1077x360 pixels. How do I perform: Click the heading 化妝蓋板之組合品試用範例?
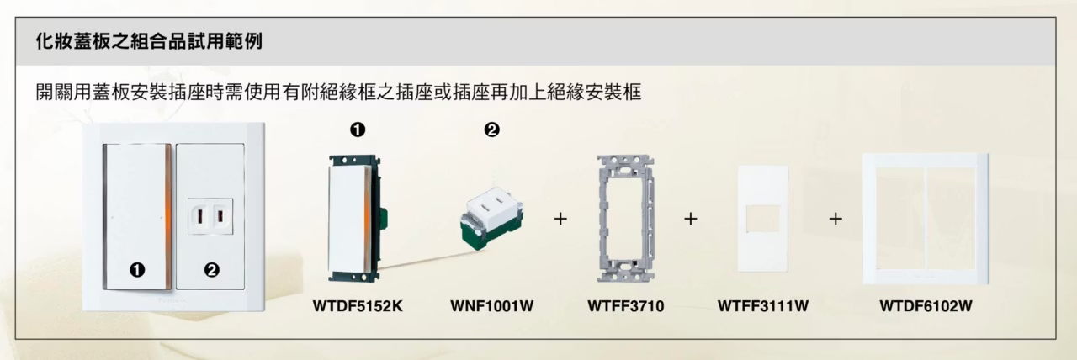pyautogui.click(x=148, y=41)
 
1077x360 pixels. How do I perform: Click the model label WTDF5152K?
pyautogui.click(x=357, y=306)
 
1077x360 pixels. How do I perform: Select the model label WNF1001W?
pyautogui.click(x=492, y=306)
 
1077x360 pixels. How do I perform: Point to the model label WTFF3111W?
pyautogui.click(x=762, y=306)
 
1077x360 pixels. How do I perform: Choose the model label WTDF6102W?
pyautogui.click(x=926, y=306)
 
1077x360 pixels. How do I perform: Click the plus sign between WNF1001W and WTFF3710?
pyautogui.click(x=560, y=219)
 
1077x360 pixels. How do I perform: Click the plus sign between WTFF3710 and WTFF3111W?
pyautogui.click(x=691, y=219)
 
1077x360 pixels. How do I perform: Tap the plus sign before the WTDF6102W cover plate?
pyautogui.click(x=836, y=219)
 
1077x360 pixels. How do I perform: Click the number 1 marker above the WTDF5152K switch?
pyautogui.click(x=357, y=130)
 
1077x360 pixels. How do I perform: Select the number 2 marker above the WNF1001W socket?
pyautogui.click(x=492, y=130)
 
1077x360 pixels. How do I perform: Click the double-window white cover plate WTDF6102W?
pyautogui.click(x=926, y=219)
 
